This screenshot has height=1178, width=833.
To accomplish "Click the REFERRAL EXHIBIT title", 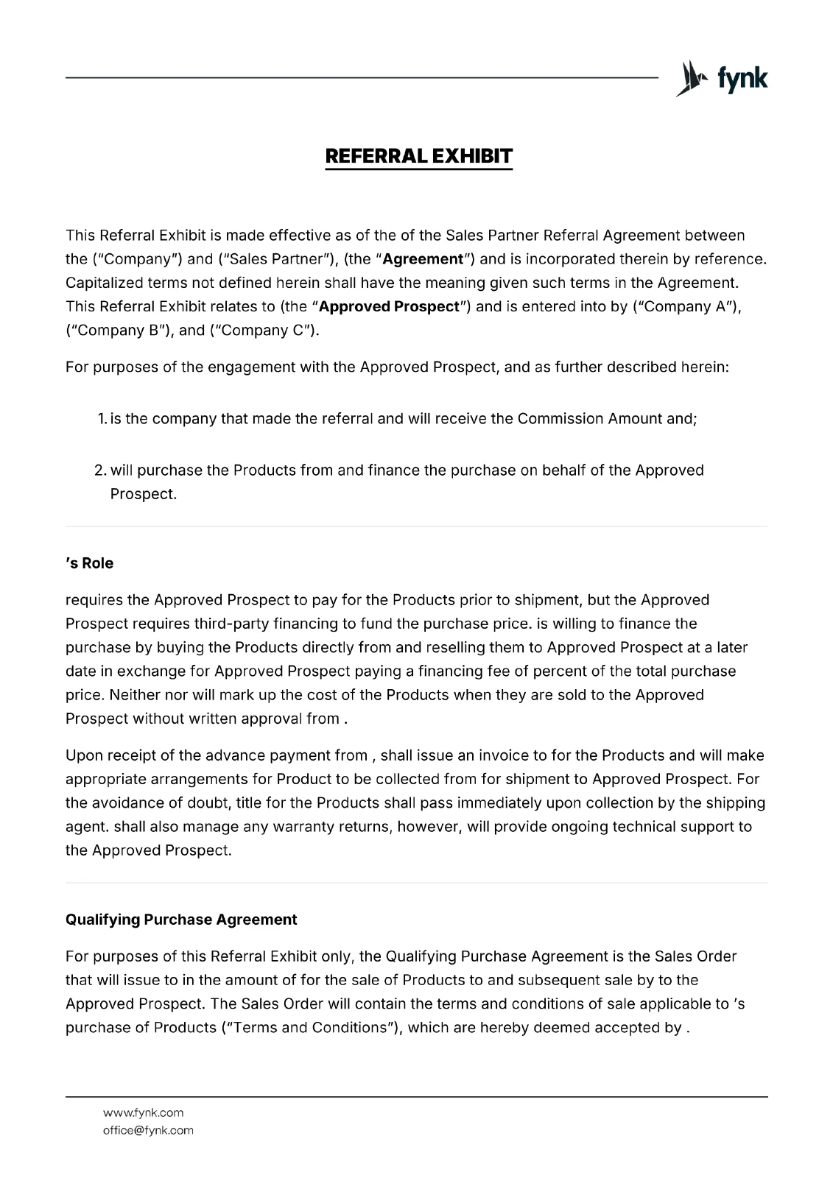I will [418, 157].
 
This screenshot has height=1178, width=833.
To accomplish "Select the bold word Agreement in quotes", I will [423, 259].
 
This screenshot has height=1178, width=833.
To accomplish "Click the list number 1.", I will [102, 419].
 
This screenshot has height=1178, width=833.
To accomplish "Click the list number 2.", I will [101, 470].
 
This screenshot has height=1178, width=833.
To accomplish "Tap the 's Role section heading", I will [90, 563].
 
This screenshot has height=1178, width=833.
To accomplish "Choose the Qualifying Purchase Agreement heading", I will [181, 920].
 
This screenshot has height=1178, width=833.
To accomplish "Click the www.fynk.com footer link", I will [143, 1112].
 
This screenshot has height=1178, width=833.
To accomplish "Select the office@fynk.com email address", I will [148, 1130].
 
